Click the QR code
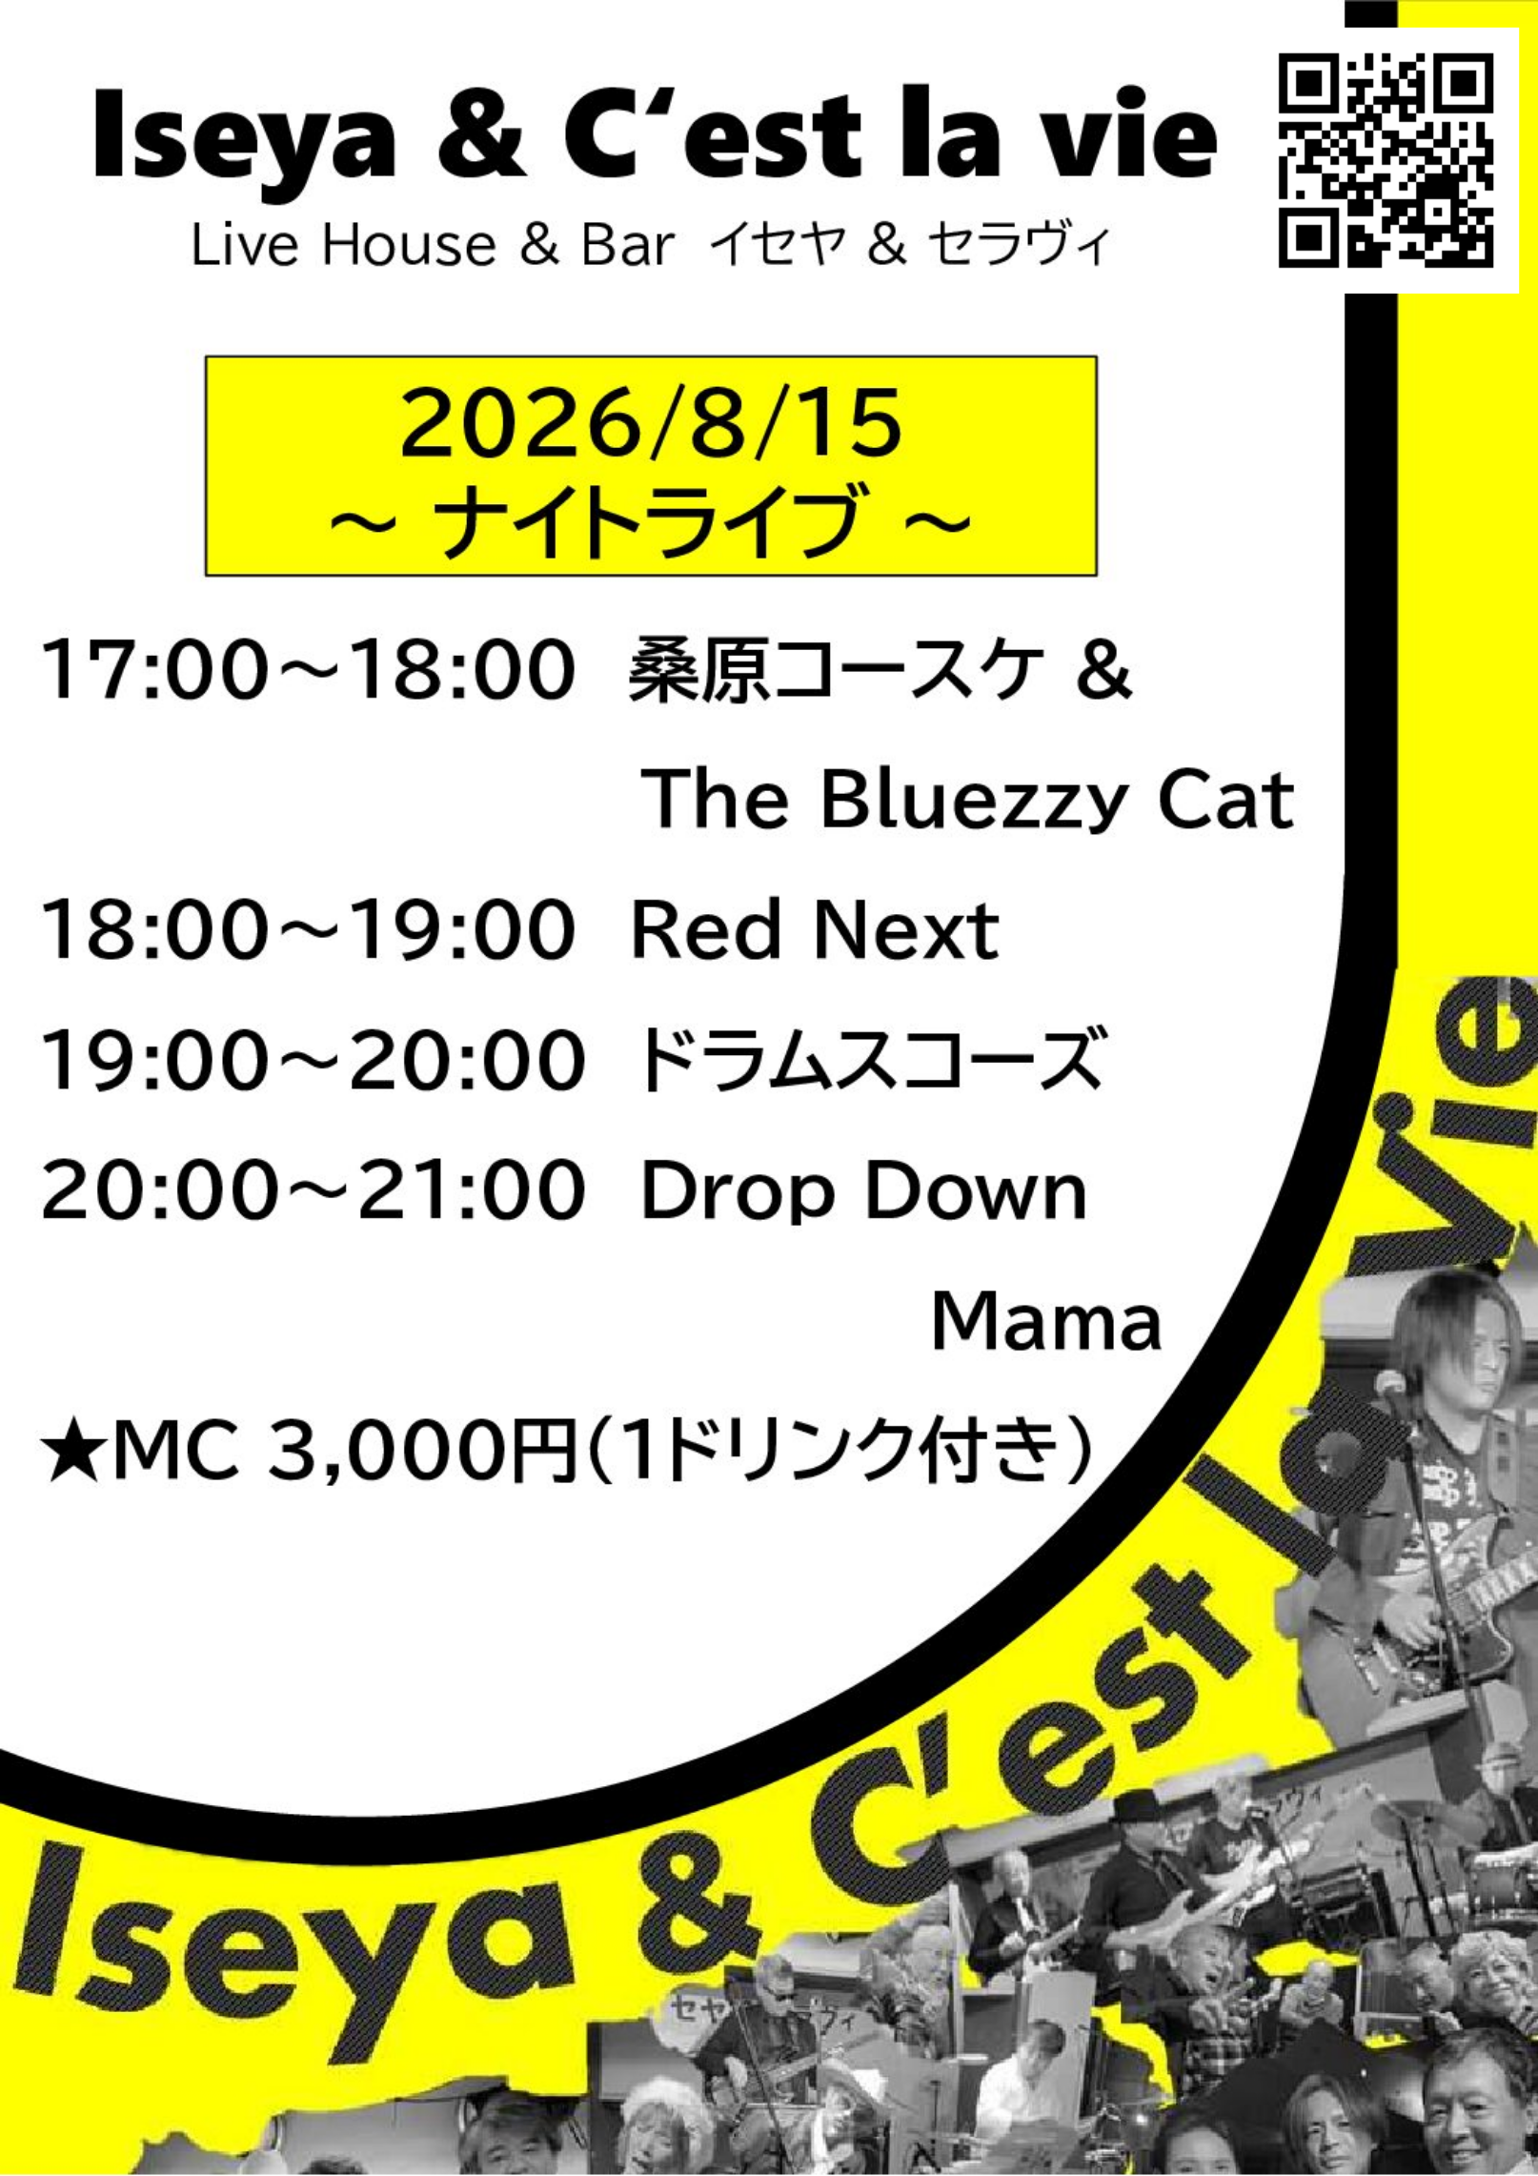(1386, 160)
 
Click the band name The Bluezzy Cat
(969, 801)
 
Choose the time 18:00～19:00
(309, 929)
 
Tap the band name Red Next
(816, 929)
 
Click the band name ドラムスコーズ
(869, 1059)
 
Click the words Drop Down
(864, 1192)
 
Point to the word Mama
(1046, 1321)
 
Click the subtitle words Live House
(344, 245)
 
